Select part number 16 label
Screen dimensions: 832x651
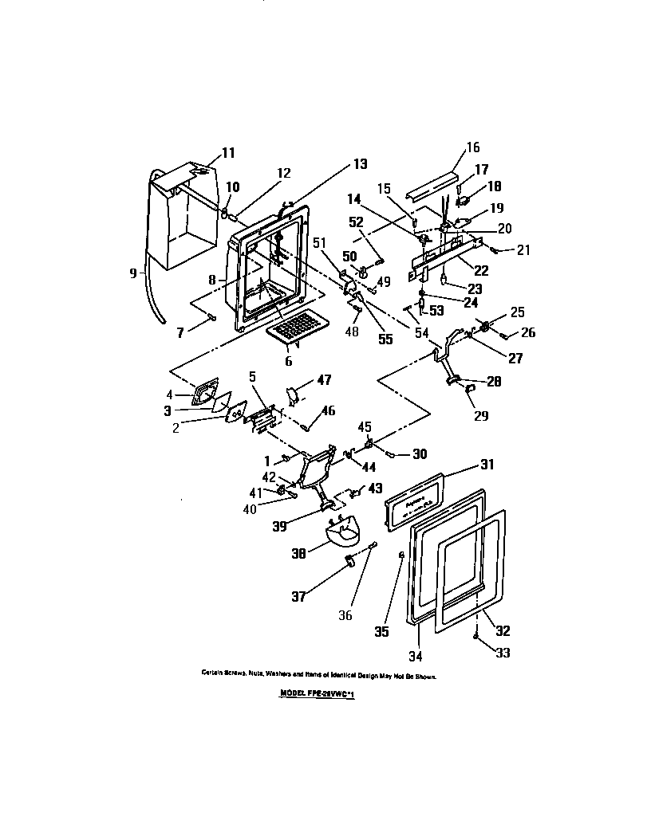[473, 147]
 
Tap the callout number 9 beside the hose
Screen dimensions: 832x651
[134, 273]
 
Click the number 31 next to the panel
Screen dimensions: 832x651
[487, 465]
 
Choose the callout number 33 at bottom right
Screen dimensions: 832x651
[503, 653]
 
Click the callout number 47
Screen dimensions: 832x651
[324, 382]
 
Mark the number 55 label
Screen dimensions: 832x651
[385, 339]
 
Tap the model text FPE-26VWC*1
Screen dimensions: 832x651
[318, 694]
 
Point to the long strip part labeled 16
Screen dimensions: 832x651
[431, 186]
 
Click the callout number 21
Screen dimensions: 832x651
[523, 250]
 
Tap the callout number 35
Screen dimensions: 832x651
[381, 631]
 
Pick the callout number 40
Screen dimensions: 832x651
[251, 508]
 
